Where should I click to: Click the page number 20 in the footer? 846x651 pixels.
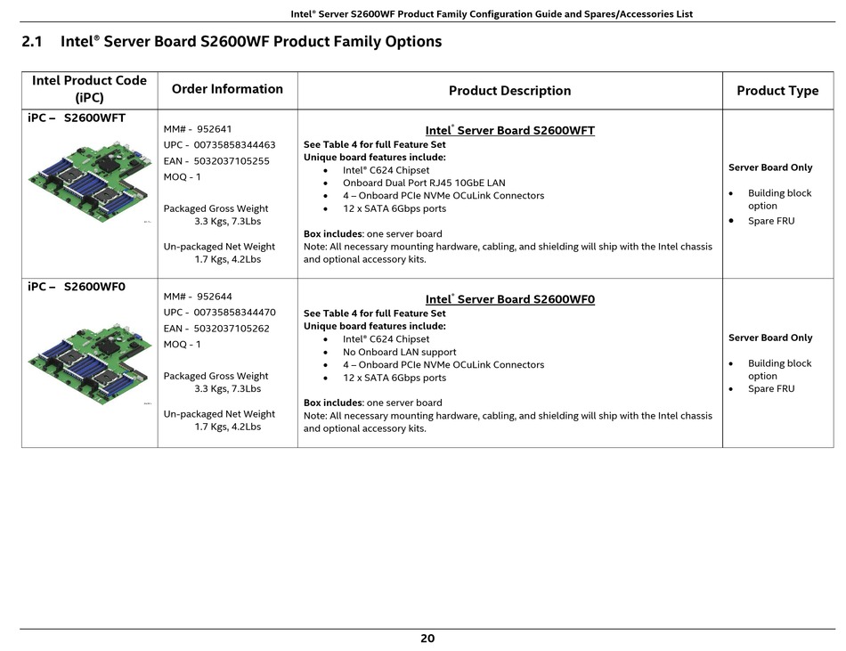point(427,638)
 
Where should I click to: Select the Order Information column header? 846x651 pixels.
point(227,89)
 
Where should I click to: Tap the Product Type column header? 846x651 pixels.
point(777,91)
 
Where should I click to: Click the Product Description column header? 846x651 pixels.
point(510,91)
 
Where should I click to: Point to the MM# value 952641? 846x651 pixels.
point(215,129)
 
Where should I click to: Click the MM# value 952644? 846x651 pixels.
point(215,296)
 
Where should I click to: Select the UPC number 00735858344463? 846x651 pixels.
point(235,144)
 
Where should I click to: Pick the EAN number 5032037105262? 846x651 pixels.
point(232,329)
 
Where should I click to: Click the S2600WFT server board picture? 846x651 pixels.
point(90,181)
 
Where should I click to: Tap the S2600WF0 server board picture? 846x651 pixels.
point(90,363)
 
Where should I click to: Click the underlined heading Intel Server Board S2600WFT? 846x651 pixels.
point(510,131)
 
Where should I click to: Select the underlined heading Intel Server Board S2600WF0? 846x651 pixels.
point(510,299)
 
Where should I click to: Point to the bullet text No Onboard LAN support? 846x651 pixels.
point(399,352)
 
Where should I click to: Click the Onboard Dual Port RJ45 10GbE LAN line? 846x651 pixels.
point(424,183)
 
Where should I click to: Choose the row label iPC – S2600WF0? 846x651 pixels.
point(77,287)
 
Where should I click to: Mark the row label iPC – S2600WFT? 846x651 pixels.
point(77,118)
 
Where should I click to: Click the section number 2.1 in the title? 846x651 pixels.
point(32,42)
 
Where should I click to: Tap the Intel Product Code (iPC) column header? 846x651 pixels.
point(89,89)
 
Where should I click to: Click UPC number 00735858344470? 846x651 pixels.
point(235,313)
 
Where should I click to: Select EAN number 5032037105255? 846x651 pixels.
point(232,160)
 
